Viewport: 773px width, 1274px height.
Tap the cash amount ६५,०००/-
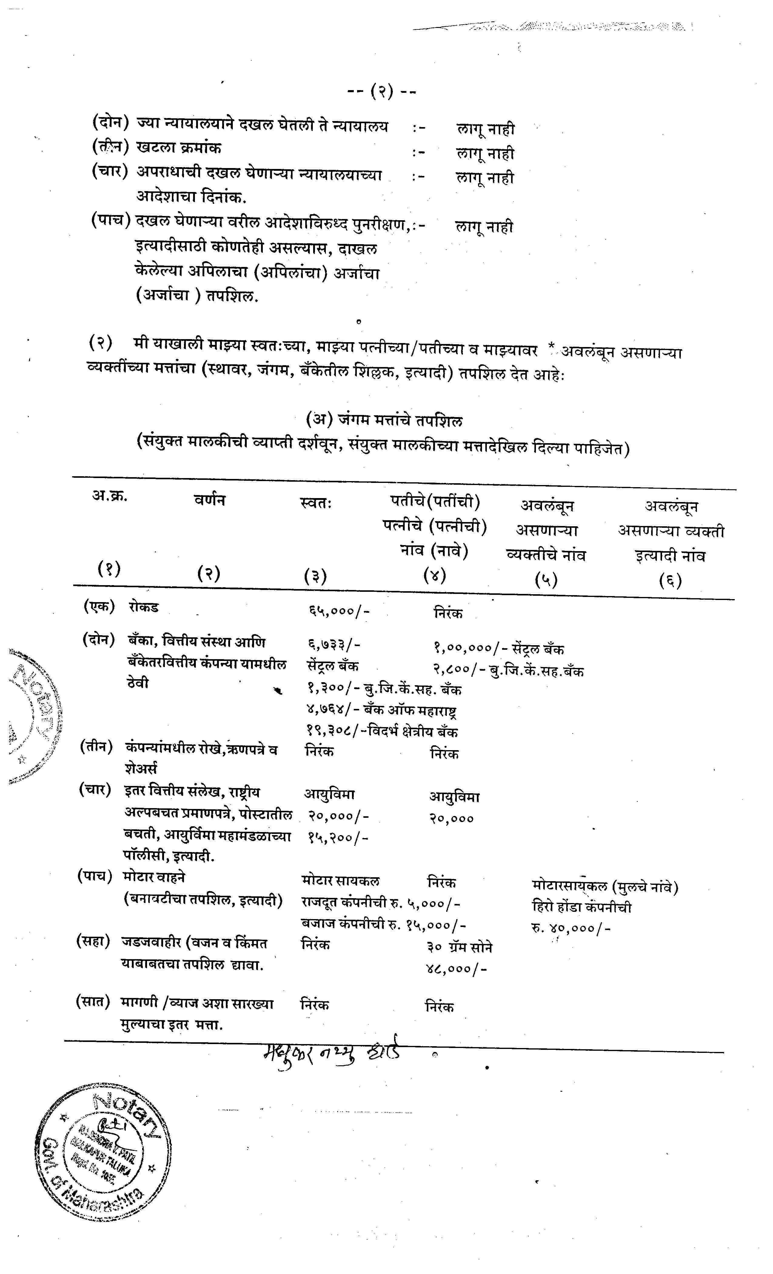coord(339,611)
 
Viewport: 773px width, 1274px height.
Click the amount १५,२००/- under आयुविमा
coord(338,837)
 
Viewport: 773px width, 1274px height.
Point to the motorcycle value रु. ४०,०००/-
coord(571,928)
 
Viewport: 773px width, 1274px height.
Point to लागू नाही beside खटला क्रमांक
coord(485,153)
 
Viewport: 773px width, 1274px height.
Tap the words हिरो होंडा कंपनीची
coord(581,907)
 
